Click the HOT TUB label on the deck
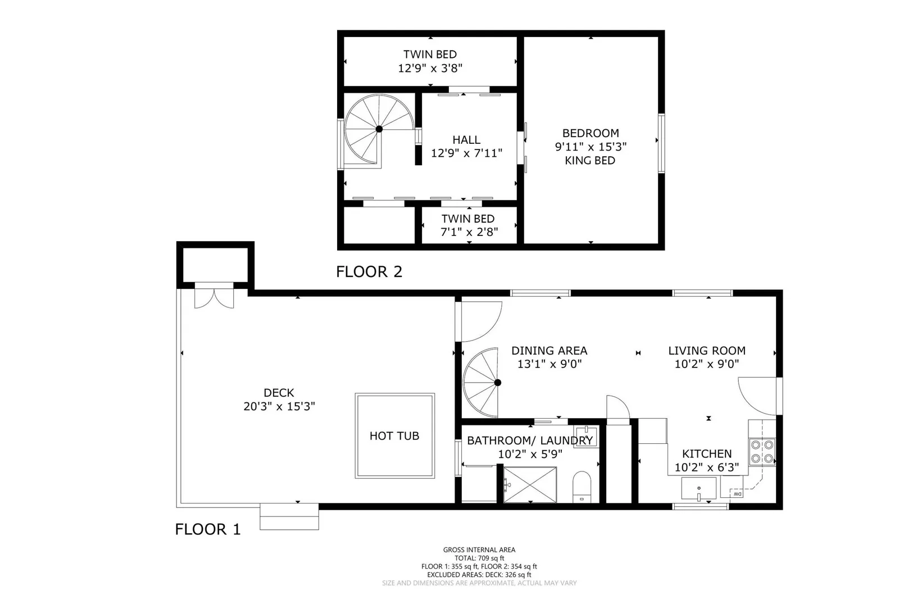[394, 435]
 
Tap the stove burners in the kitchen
[762, 451]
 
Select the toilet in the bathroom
[582, 487]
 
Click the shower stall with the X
[530, 484]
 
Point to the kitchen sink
[699, 488]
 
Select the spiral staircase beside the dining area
[480, 383]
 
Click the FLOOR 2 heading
[369, 272]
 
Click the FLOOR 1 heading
[208, 529]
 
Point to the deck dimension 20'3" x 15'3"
[279, 406]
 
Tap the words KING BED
[590, 161]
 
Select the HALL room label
[466, 140]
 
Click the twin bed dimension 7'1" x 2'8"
[469, 232]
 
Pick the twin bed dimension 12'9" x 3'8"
[430, 68]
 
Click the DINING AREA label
[549, 351]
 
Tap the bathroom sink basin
[585, 437]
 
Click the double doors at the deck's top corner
[214, 296]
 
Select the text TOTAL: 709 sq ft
[479, 558]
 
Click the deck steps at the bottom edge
[289, 517]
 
